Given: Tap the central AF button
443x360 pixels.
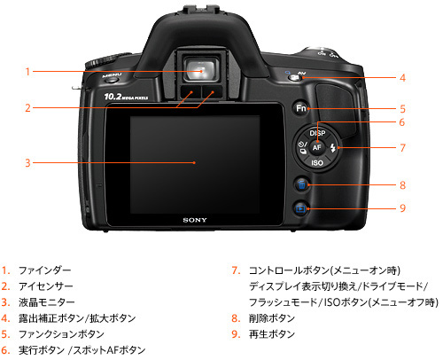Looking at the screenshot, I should (316, 147).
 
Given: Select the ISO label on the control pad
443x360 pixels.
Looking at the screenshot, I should (316, 163).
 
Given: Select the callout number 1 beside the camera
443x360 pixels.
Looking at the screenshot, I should (28, 71).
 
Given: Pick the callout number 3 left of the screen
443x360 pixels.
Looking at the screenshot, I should (28, 162).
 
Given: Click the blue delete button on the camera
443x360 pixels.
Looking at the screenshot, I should (302, 184).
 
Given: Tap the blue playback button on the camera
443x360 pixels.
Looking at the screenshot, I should (302, 208).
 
